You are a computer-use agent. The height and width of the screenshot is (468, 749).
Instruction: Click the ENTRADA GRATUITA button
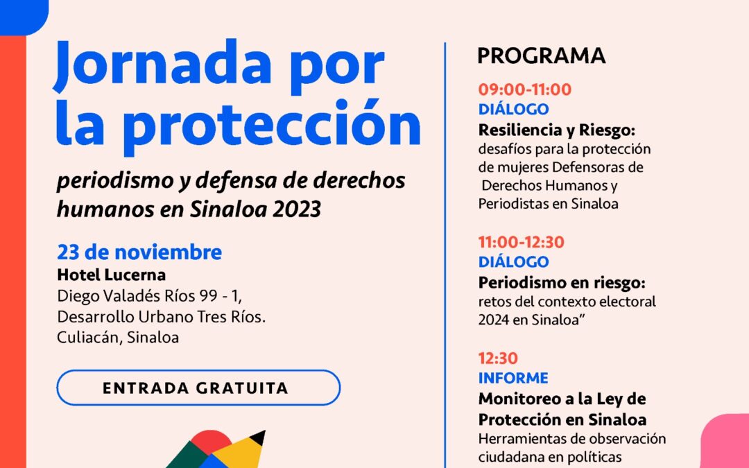pos(198,388)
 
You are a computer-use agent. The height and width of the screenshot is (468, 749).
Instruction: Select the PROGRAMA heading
pos(542,55)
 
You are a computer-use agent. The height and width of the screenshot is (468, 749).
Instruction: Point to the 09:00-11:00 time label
pos(524,89)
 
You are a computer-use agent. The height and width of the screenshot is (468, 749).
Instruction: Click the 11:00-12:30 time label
pos(521,242)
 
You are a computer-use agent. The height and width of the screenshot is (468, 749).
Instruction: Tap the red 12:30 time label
pos(498,358)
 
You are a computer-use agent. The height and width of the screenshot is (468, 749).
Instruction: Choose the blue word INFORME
pos(513,378)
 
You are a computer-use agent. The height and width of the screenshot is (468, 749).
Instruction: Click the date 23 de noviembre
pos(139,252)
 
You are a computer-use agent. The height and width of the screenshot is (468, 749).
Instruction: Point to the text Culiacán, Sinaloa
pos(118,338)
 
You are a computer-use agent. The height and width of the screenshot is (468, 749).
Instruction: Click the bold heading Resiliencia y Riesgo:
pos(557,130)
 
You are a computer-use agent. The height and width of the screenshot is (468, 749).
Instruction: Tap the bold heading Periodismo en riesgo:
pos(562,282)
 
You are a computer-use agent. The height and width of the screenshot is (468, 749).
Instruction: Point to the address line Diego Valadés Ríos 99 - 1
pos(149,296)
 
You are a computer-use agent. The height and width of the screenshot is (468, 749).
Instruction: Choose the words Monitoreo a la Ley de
pos(562,399)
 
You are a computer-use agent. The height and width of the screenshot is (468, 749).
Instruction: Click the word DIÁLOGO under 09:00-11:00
pos(513,109)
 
